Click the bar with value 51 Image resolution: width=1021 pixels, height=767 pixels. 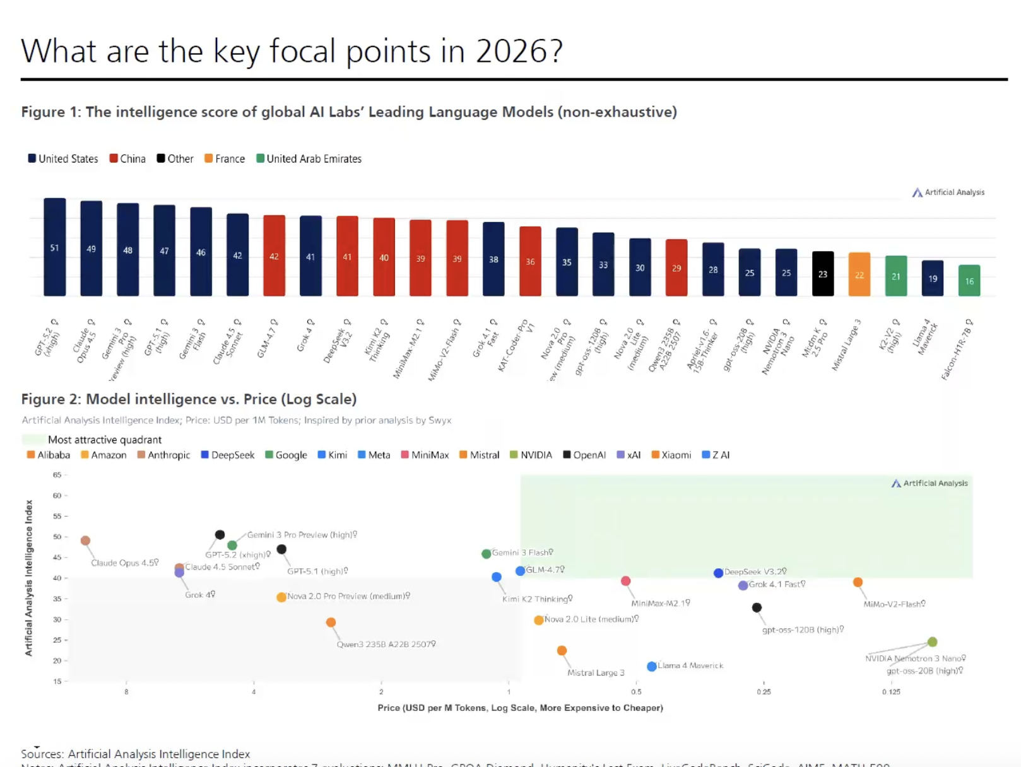coord(55,247)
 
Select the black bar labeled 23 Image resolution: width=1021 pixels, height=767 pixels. coord(823,274)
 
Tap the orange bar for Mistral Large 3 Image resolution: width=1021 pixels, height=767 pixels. coord(859,274)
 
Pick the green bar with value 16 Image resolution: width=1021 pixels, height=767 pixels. coord(969,281)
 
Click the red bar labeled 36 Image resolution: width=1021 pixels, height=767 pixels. coord(530,261)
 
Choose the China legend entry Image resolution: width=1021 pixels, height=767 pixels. coord(127,159)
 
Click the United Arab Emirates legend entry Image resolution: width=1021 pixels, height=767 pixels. coord(309,159)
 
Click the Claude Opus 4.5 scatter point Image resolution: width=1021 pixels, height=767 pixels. coord(86,541)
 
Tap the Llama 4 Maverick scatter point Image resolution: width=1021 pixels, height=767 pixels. coord(652,667)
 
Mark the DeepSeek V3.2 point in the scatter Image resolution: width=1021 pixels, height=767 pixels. coord(718,573)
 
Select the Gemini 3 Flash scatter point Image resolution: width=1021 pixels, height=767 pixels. coord(486,554)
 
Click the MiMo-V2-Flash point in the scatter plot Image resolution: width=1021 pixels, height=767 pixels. coord(858,582)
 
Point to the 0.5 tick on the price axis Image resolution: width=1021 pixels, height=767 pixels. coord(636,691)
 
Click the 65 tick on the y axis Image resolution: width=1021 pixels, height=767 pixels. coord(57,475)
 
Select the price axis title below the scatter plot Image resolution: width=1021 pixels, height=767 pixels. coord(520,708)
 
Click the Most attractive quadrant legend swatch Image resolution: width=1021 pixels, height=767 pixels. coord(33,440)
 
